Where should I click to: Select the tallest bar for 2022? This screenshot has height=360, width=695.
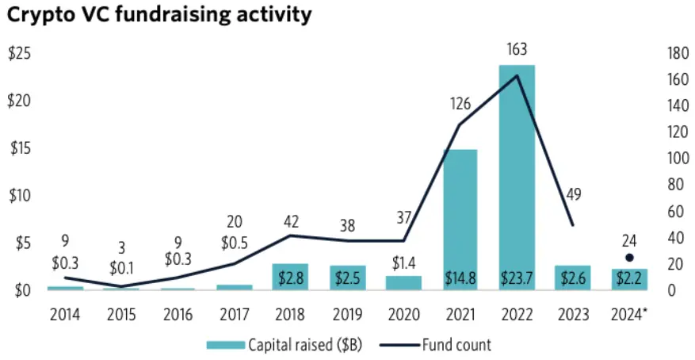[517, 174]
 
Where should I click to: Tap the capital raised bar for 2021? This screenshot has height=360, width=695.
[460, 214]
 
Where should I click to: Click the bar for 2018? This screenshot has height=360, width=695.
[289, 277]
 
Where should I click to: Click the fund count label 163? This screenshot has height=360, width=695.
[517, 49]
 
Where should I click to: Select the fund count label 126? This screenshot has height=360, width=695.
[460, 104]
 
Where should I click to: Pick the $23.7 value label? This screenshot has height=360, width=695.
[517, 278]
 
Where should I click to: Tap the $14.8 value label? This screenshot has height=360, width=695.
[460, 278]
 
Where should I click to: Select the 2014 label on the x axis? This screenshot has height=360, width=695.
[64, 315]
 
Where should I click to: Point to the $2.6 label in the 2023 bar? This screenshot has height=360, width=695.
[574, 278]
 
